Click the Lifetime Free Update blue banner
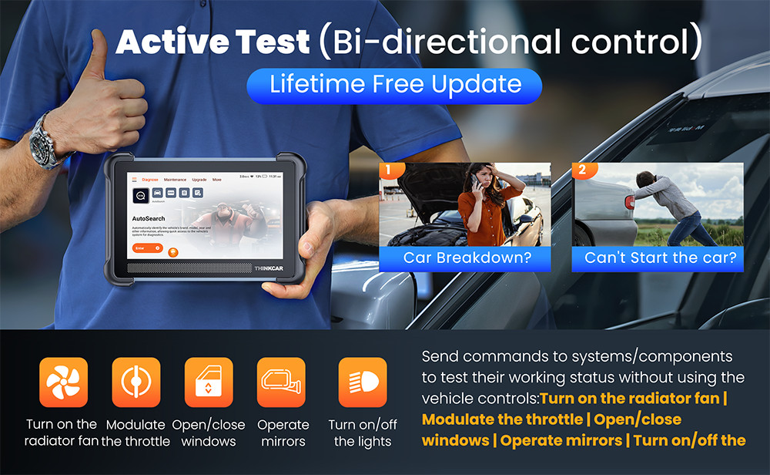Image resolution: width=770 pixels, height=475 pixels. [394, 85]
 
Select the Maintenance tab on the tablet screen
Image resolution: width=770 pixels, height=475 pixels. [175, 179]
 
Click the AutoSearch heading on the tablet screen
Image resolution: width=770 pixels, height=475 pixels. [149, 219]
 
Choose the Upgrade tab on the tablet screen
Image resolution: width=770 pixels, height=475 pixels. [199, 179]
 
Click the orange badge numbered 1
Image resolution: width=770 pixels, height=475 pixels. [389, 168]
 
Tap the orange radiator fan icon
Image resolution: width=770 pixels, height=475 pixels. [63, 382]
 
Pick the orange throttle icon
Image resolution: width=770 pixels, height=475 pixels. [136, 382]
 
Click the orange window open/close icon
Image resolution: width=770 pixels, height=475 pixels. [209, 382]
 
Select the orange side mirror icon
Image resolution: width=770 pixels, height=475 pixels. [281, 382]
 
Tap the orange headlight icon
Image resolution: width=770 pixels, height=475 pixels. [363, 382]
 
